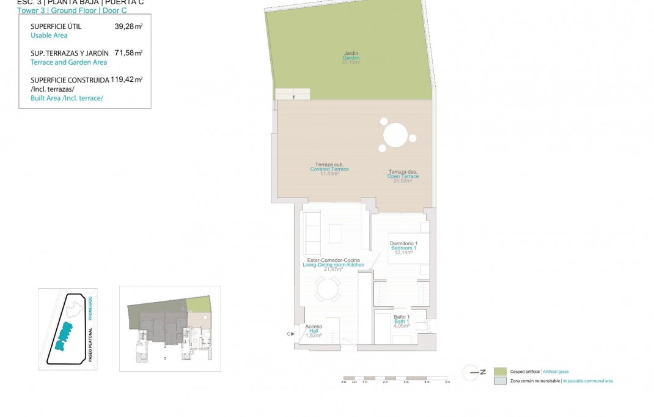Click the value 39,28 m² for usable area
(128, 27)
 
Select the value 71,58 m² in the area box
(128, 53)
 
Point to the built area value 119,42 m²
(127, 79)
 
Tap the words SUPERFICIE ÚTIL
(56, 27)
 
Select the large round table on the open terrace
(395, 135)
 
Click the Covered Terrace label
(329, 168)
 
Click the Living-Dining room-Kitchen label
(333, 264)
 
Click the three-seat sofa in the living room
(312, 233)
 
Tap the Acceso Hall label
(313, 330)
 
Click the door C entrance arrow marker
(290, 333)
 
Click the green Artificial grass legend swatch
(500, 372)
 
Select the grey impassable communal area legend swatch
(500, 381)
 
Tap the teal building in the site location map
(64, 336)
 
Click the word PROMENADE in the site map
(90, 309)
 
